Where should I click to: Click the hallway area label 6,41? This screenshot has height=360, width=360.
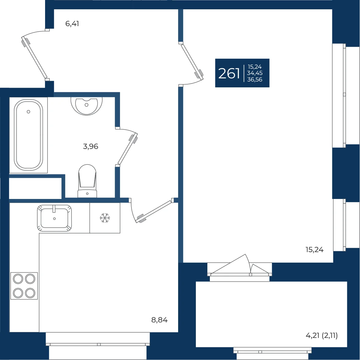point(72,24)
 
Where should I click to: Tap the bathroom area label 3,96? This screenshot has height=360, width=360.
point(90,146)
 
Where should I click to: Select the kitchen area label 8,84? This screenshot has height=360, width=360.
point(159,320)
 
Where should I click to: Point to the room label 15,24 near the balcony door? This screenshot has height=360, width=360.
point(314,250)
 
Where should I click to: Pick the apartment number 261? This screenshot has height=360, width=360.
point(229,73)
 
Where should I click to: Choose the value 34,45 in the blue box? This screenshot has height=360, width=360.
point(255,73)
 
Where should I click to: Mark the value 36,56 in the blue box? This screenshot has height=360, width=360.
point(255,80)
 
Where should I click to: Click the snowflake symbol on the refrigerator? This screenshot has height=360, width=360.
point(105,218)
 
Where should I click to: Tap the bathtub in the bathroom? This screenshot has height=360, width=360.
point(29,135)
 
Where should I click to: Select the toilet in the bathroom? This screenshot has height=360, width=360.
point(87,181)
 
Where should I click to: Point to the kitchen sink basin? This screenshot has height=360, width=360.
point(54,218)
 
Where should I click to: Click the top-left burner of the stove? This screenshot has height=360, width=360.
point(18,279)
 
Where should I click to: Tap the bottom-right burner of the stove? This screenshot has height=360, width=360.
point(30,293)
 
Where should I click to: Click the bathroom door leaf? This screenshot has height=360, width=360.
point(128,149)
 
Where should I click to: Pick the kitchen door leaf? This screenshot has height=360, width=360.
point(154,211)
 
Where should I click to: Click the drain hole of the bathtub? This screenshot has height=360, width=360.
point(29,112)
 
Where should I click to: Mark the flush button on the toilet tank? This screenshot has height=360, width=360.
point(87,194)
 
